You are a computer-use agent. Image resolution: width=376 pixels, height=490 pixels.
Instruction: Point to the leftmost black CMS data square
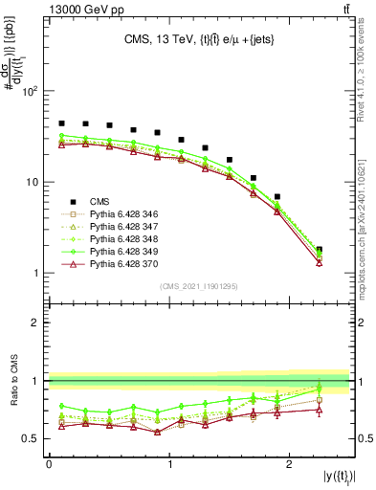[x=61, y=123]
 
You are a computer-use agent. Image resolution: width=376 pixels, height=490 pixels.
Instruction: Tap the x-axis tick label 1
[x=169, y=464]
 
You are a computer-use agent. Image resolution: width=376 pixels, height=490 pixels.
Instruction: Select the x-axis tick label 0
[x=49, y=464]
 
